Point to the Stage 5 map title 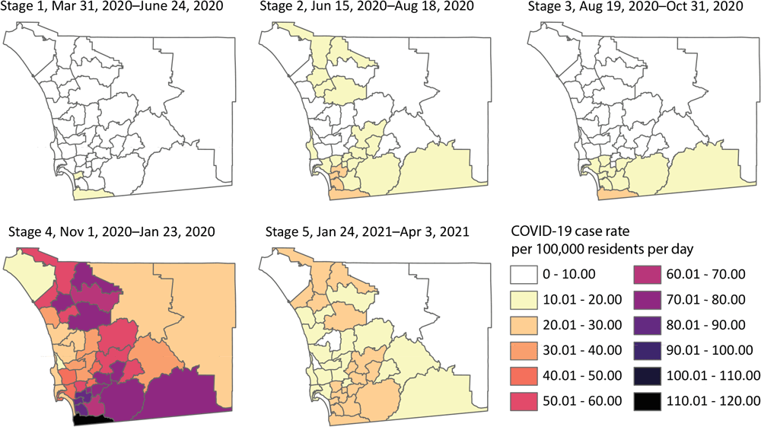coord(365,231)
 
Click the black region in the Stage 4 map coord(90,417)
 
